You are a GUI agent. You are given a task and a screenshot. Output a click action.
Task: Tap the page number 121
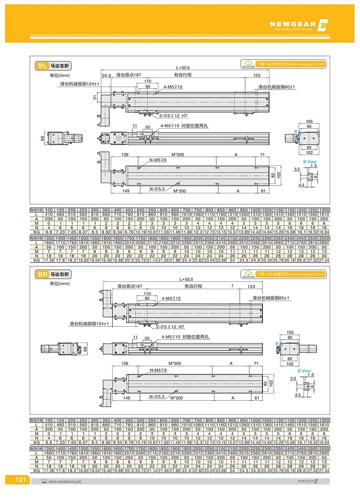tap(21, 480)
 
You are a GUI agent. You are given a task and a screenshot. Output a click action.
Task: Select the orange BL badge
tap(42, 66)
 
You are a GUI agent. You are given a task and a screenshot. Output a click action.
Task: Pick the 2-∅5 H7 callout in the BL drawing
tap(165, 116)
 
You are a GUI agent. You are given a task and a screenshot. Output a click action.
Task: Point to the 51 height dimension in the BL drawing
tap(95, 97)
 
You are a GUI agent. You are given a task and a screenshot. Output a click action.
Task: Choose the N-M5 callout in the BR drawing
tap(158, 370)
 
